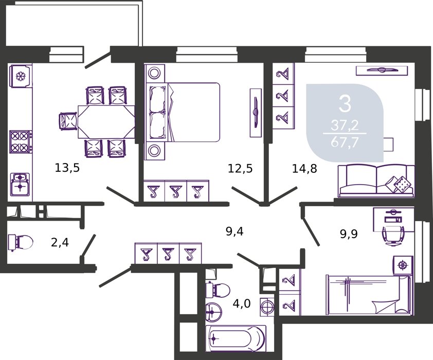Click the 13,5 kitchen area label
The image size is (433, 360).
(67, 168)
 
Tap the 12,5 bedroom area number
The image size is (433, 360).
(240, 168)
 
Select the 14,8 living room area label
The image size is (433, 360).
(304, 168)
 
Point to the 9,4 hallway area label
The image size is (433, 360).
(234, 231)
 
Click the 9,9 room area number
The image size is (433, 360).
(349, 234)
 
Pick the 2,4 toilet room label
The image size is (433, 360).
(60, 243)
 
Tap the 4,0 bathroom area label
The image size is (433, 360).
(242, 303)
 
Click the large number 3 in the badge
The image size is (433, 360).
(345, 104)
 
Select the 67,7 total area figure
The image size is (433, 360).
(345, 143)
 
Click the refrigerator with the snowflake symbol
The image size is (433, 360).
(21, 76)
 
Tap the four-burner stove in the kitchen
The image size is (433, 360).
(20, 141)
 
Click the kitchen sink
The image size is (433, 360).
(20, 183)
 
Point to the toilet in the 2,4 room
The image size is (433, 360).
(21, 242)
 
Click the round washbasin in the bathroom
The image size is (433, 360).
(213, 312)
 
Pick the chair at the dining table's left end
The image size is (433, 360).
(68, 121)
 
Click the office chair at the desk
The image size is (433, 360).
(393, 235)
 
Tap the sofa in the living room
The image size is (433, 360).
(376, 181)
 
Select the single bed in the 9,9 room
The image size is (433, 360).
(369, 295)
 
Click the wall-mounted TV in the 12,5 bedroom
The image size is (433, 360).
(256, 113)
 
